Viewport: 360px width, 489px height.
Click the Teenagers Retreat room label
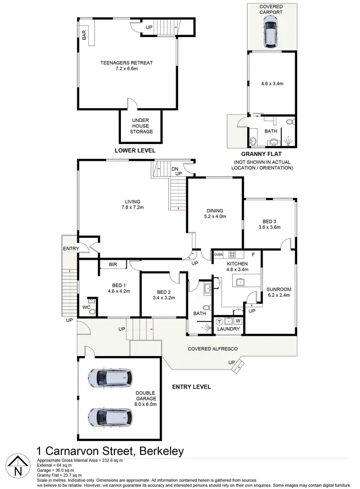127,62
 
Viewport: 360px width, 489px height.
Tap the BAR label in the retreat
84,35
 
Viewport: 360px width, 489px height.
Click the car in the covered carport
271,30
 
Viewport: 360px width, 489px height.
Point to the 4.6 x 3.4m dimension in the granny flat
272,83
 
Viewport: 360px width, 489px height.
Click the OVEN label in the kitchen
218,254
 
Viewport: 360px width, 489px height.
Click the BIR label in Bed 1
113,264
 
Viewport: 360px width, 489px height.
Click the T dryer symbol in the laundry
219,321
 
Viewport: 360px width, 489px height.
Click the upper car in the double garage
110,378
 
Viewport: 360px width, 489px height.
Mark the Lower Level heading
135,150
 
